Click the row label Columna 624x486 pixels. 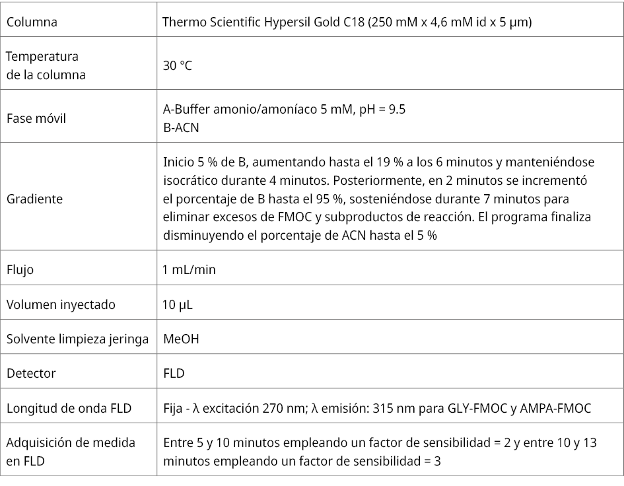[x=32, y=22]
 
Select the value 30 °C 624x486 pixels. [x=177, y=66]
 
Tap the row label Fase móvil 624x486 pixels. [x=36, y=119]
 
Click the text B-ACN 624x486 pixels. [x=181, y=127]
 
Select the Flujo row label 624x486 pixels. [x=20, y=269]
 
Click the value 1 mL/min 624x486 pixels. [x=190, y=269]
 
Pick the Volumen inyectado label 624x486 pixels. [x=61, y=304]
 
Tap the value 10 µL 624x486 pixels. [x=178, y=304]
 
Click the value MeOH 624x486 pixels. [x=181, y=339]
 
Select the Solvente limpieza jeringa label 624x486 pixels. [x=77, y=339]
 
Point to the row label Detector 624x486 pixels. [x=31, y=373]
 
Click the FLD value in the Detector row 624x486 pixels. [x=174, y=373]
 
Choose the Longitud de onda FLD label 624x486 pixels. [x=69, y=408]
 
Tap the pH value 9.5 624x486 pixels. [x=396, y=110]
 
